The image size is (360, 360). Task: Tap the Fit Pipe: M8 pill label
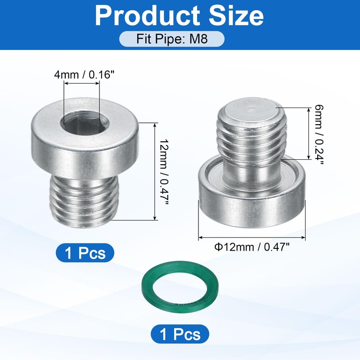(172, 39)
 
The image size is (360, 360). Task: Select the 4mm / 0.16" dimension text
(84, 75)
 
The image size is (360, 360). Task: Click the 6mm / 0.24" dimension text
(319, 134)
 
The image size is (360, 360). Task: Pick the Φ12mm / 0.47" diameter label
(252, 247)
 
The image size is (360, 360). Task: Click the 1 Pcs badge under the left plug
(85, 253)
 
